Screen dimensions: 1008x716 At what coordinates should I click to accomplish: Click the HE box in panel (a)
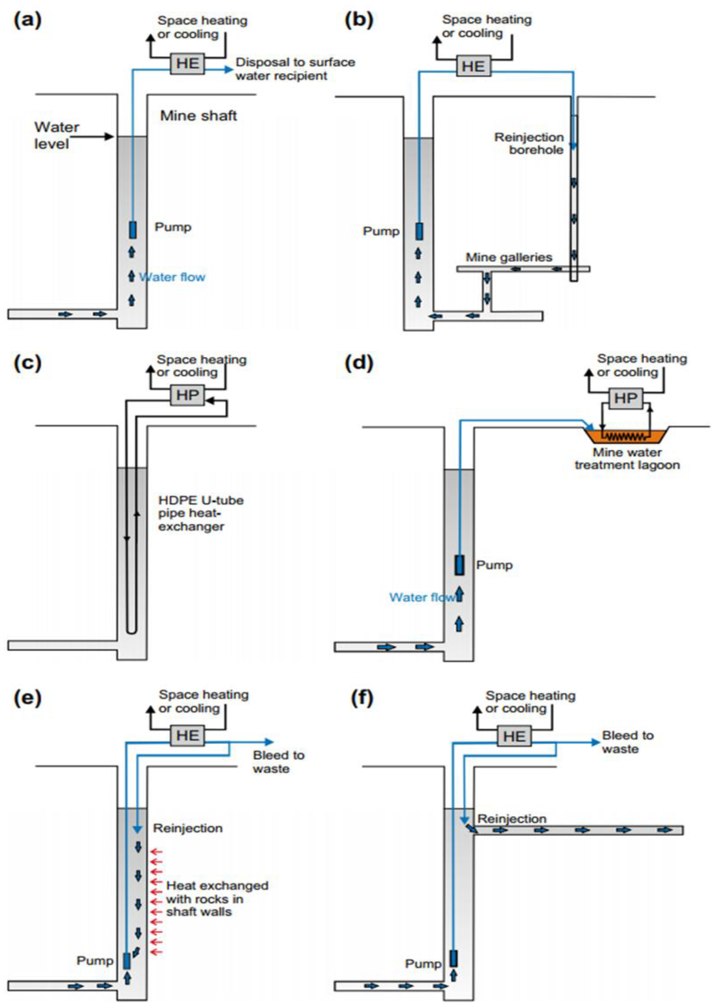187,63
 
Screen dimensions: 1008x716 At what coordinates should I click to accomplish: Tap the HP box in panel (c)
187,395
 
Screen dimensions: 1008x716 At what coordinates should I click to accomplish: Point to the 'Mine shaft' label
198,116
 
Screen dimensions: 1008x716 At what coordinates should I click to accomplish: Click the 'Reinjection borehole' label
529,144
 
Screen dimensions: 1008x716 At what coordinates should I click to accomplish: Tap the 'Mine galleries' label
509,257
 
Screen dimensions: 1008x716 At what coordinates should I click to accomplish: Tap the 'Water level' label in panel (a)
56,135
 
